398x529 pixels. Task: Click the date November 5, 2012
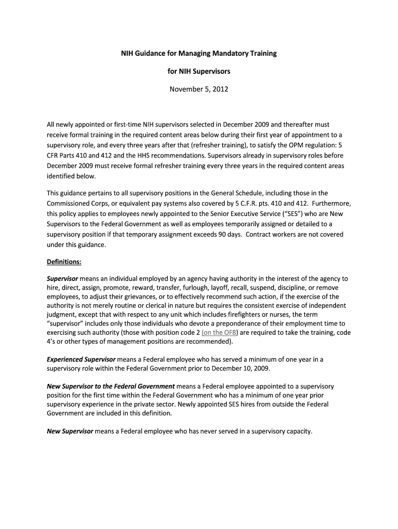tap(199, 89)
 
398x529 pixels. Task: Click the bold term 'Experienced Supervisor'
tap(81, 359)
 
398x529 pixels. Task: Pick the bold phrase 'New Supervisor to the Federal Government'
tap(111, 386)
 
